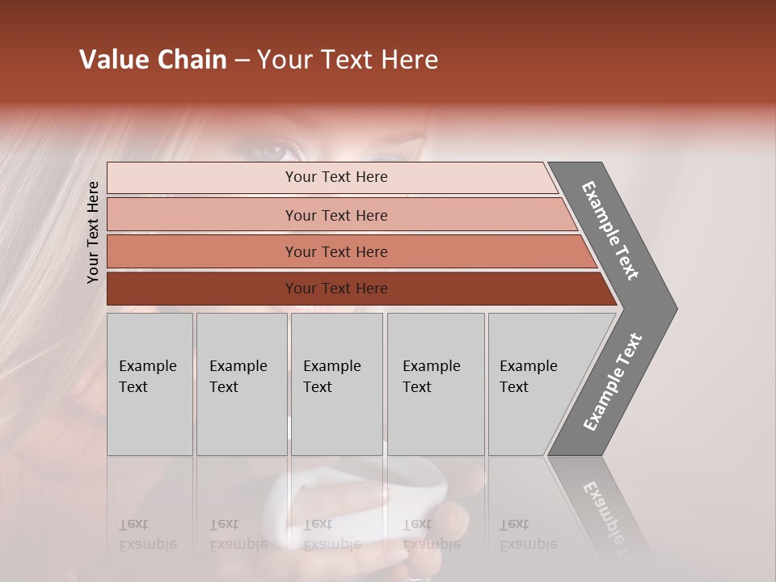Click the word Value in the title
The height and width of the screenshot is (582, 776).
pos(112,60)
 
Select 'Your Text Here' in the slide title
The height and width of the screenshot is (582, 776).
pos(348,60)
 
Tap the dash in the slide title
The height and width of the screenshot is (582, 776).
pos(242,61)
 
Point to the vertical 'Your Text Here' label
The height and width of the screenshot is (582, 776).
pos(93,232)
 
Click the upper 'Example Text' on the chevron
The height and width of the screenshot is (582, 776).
pos(610,231)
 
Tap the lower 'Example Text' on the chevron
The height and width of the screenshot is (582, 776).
pos(613,382)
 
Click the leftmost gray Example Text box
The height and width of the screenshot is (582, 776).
pos(150,384)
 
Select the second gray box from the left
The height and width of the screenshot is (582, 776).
pos(241,384)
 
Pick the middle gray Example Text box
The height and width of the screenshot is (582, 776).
pos(336,384)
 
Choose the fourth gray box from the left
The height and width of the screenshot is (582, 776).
pos(435,384)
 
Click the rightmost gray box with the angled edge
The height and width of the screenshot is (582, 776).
pos(533,384)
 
